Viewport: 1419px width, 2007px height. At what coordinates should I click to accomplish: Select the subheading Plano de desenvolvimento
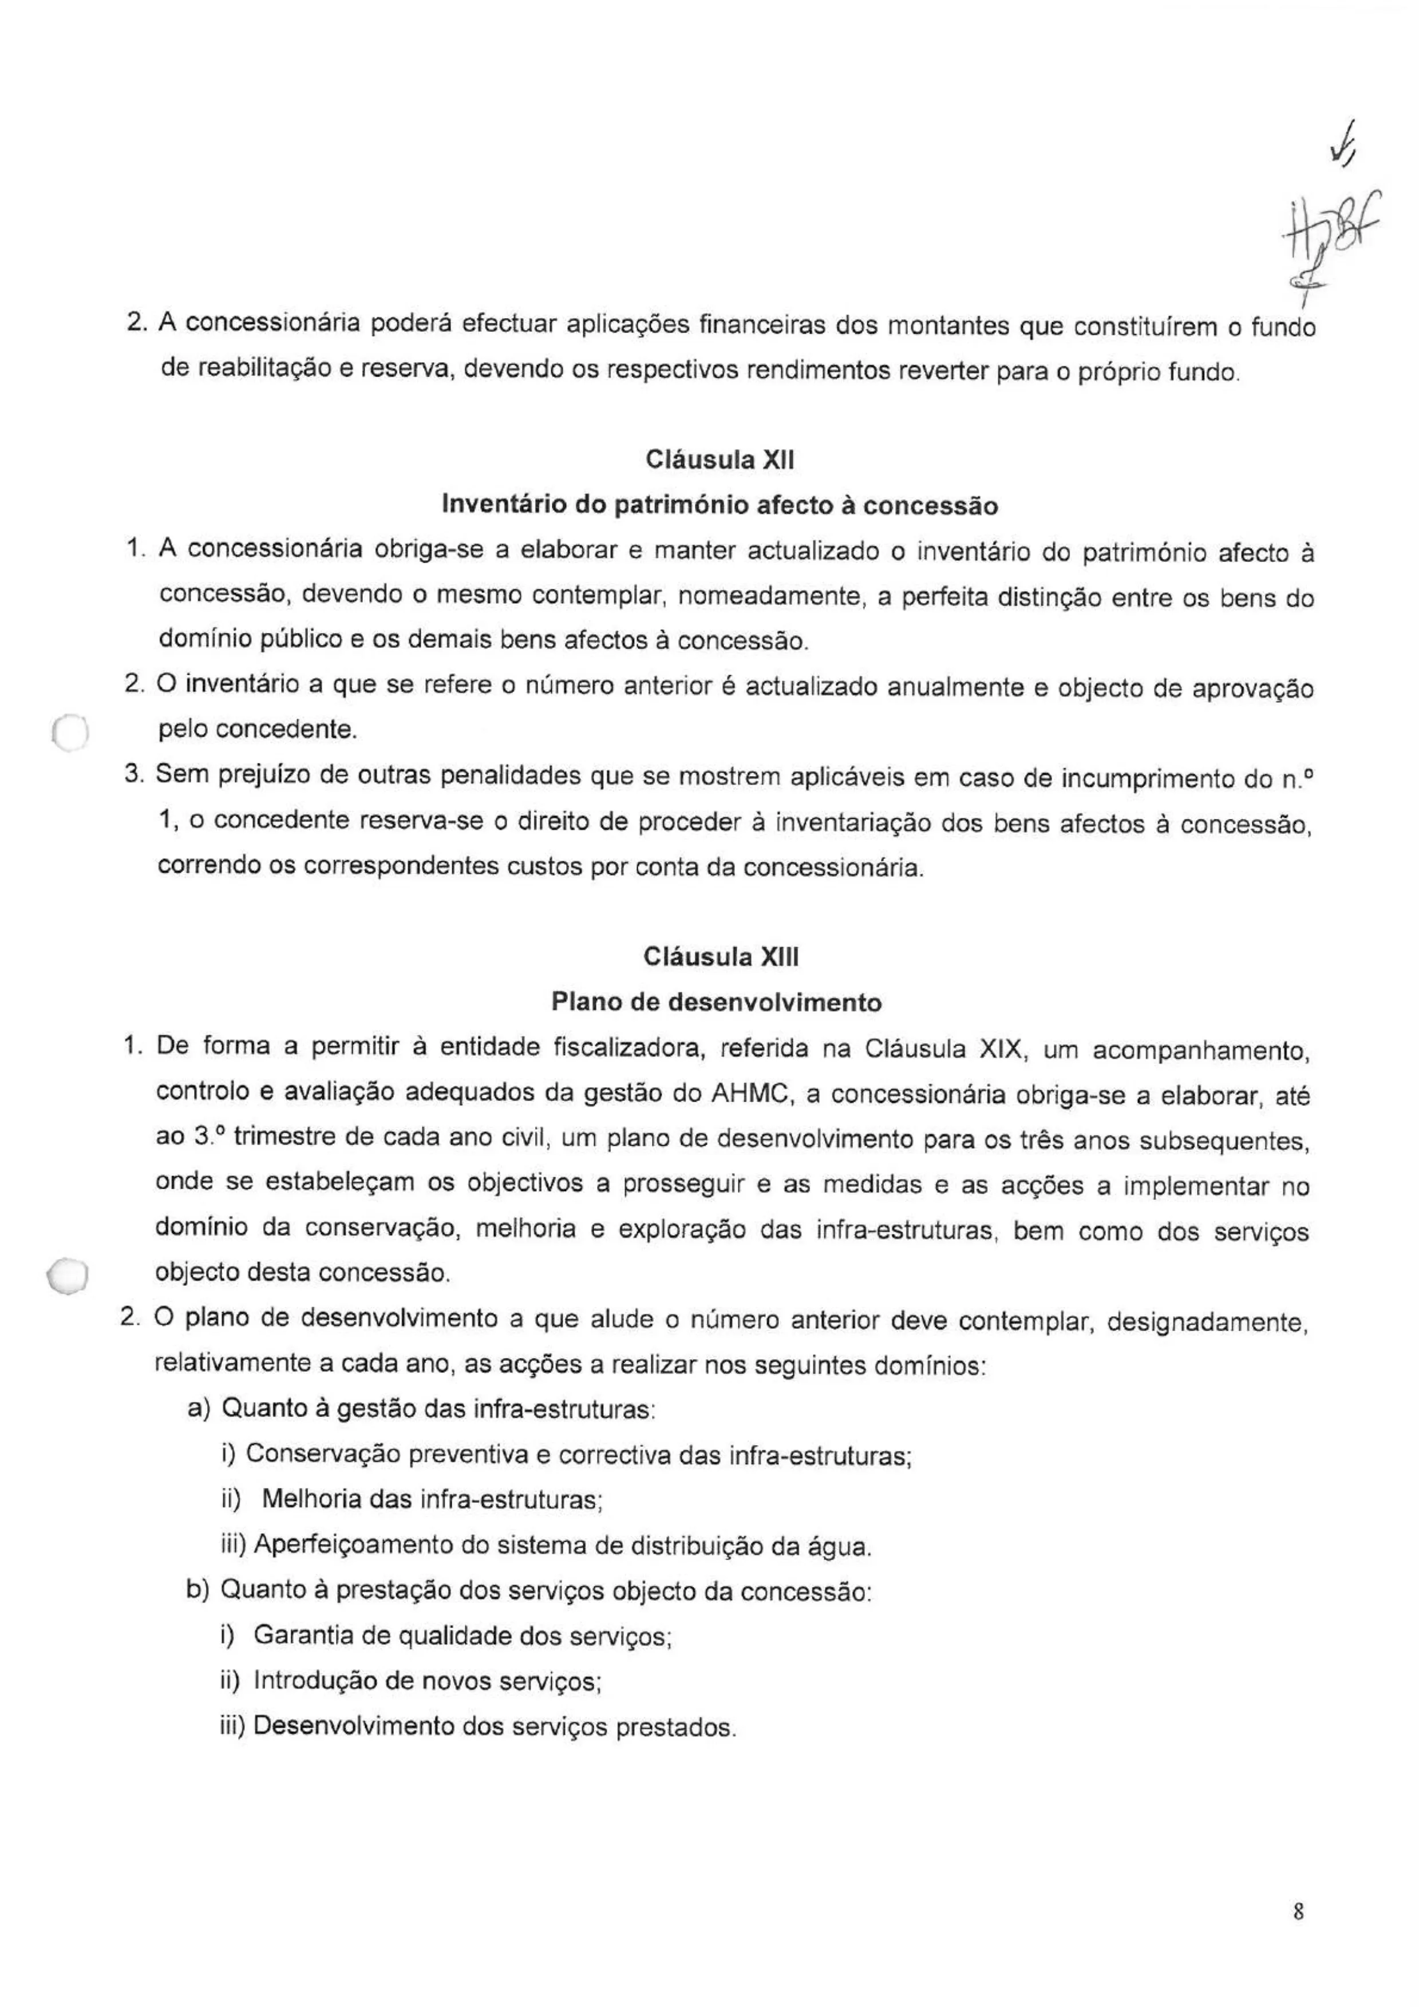tap(716, 1001)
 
